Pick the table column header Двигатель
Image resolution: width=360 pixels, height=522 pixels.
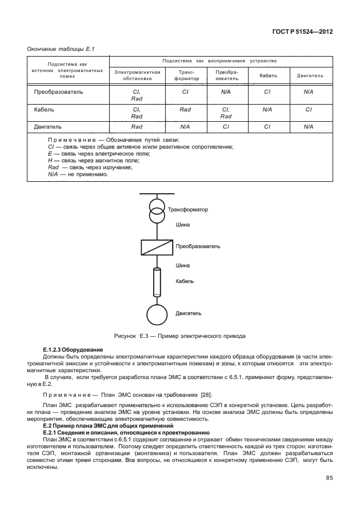click(310, 75)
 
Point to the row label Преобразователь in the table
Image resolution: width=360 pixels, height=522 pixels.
click(58, 91)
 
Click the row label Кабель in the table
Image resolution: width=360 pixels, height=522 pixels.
click(45, 109)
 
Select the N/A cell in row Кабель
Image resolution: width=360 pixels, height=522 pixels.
click(267, 109)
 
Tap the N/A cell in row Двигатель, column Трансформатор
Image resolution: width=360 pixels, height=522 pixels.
click(185, 127)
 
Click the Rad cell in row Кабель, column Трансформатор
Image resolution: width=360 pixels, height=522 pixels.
click(185, 109)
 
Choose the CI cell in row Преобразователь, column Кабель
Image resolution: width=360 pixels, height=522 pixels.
click(267, 91)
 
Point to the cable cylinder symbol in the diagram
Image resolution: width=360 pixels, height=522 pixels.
click(155, 282)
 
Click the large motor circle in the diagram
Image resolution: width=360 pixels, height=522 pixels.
click(155, 314)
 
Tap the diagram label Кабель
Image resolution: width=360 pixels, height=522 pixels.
click(185, 281)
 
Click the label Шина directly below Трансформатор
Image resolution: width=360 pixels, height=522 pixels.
click(183, 225)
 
